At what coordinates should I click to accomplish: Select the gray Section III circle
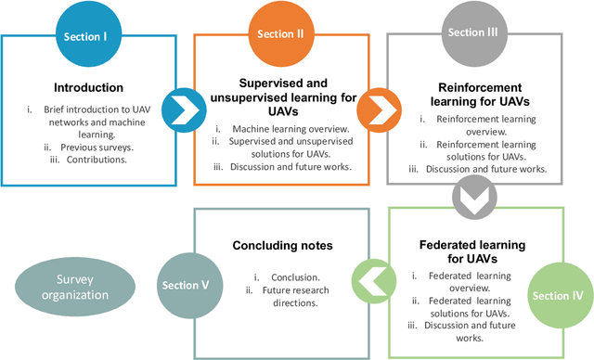pos(466,33)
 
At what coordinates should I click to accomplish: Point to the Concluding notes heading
pos(283,246)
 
